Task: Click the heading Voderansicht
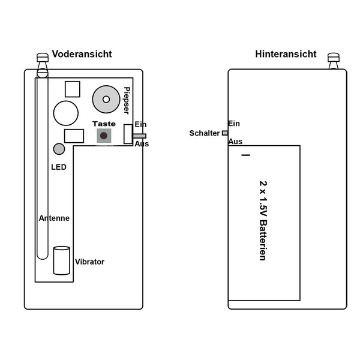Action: point(82,54)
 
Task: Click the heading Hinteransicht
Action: point(286,54)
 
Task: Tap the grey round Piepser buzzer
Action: point(106,99)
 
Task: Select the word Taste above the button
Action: point(104,124)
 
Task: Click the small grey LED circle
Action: point(59,149)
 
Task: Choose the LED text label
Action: point(59,167)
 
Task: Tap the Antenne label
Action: point(54,218)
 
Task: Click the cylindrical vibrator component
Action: point(62,260)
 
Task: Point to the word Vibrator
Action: point(89,262)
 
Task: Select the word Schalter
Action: point(205,133)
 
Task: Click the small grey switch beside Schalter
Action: point(225,133)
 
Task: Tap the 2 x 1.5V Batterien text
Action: point(262,220)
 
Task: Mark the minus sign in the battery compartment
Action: point(245,156)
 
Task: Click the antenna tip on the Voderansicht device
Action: point(42,58)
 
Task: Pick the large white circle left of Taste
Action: point(66,112)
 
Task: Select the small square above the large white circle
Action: point(73,89)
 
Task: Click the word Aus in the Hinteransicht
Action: point(235,142)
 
